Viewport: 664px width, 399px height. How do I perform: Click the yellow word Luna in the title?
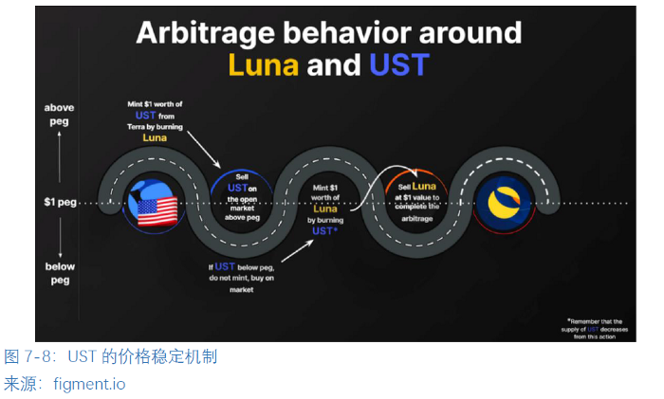pos(263,64)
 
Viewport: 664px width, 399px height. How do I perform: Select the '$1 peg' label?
pos(62,202)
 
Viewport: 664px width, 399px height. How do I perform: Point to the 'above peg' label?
pos(60,115)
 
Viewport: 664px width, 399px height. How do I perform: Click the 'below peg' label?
pos(60,273)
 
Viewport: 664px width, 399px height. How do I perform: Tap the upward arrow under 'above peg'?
pos(61,156)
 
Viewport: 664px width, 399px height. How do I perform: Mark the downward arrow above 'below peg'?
pos(61,242)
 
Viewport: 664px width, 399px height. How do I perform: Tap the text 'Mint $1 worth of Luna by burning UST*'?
pos(325,209)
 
